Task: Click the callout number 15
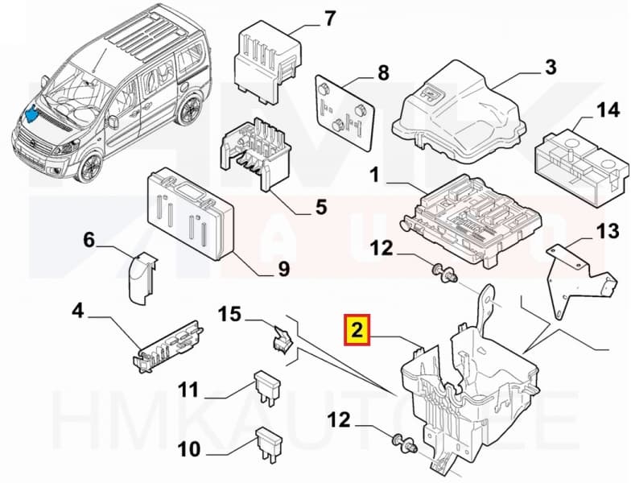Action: coord(230,314)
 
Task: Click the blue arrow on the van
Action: coord(33,114)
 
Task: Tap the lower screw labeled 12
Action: coord(404,442)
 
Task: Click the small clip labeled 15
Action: coord(283,341)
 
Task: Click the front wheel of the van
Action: coord(91,167)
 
